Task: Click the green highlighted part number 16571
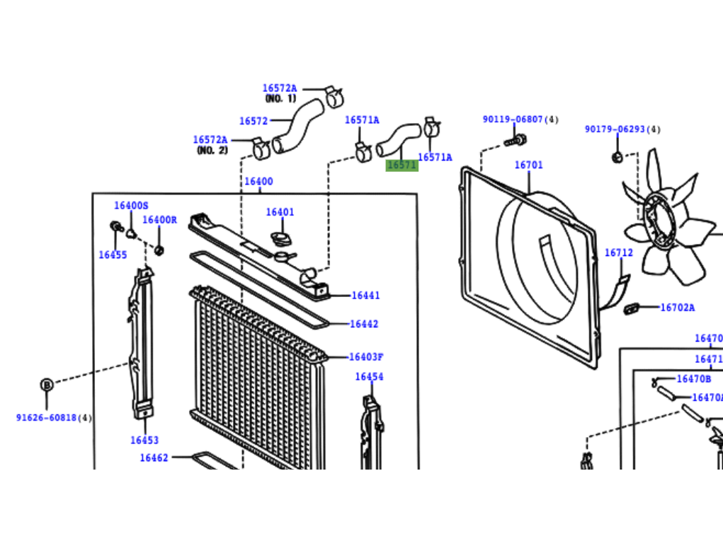pyautogui.click(x=402, y=165)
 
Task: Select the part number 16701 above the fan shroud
pyautogui.click(x=528, y=165)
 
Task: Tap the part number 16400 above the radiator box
pyautogui.click(x=258, y=182)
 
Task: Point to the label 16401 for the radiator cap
pyautogui.click(x=280, y=212)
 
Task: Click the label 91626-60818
pyautogui.click(x=48, y=418)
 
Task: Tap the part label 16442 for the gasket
pyautogui.click(x=364, y=324)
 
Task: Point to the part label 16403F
pyautogui.click(x=365, y=357)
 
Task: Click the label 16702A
pyautogui.click(x=677, y=308)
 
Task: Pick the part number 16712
pyautogui.click(x=618, y=252)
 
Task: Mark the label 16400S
pyautogui.click(x=131, y=206)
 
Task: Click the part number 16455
pyautogui.click(x=113, y=255)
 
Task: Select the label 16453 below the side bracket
pyautogui.click(x=144, y=440)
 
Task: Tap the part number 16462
pyautogui.click(x=154, y=458)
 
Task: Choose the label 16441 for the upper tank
pyautogui.click(x=365, y=296)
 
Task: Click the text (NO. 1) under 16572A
pyautogui.click(x=280, y=98)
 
